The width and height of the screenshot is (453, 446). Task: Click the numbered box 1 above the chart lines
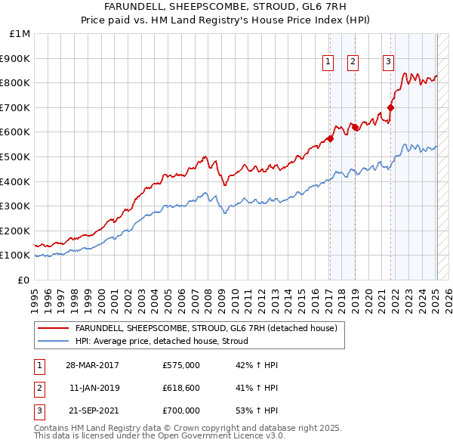pyautogui.click(x=329, y=63)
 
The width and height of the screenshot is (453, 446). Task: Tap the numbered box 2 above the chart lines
pyautogui.click(x=353, y=63)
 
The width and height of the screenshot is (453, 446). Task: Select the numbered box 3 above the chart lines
pyautogui.click(x=388, y=63)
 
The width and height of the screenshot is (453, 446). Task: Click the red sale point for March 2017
pyautogui.click(x=331, y=138)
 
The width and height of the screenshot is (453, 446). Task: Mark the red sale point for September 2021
pyautogui.click(x=391, y=107)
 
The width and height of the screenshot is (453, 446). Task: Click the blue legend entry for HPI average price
pyautogui.click(x=167, y=341)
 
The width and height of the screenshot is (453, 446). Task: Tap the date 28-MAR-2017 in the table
pyautogui.click(x=92, y=365)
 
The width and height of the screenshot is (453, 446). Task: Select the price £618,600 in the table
pyautogui.click(x=180, y=388)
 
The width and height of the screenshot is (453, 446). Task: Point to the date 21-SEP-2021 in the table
pyautogui.click(x=92, y=410)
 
